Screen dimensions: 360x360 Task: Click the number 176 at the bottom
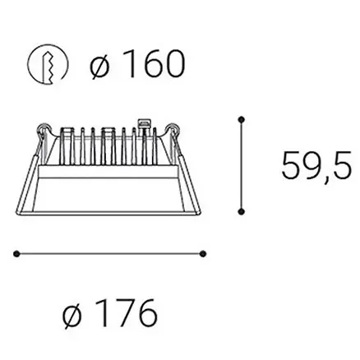[123, 314]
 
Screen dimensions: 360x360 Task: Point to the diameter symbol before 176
[72, 315]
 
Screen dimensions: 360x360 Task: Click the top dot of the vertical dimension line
[241, 120]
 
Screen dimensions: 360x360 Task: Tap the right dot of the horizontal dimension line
[204, 255]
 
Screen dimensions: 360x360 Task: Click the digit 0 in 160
[170, 63]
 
